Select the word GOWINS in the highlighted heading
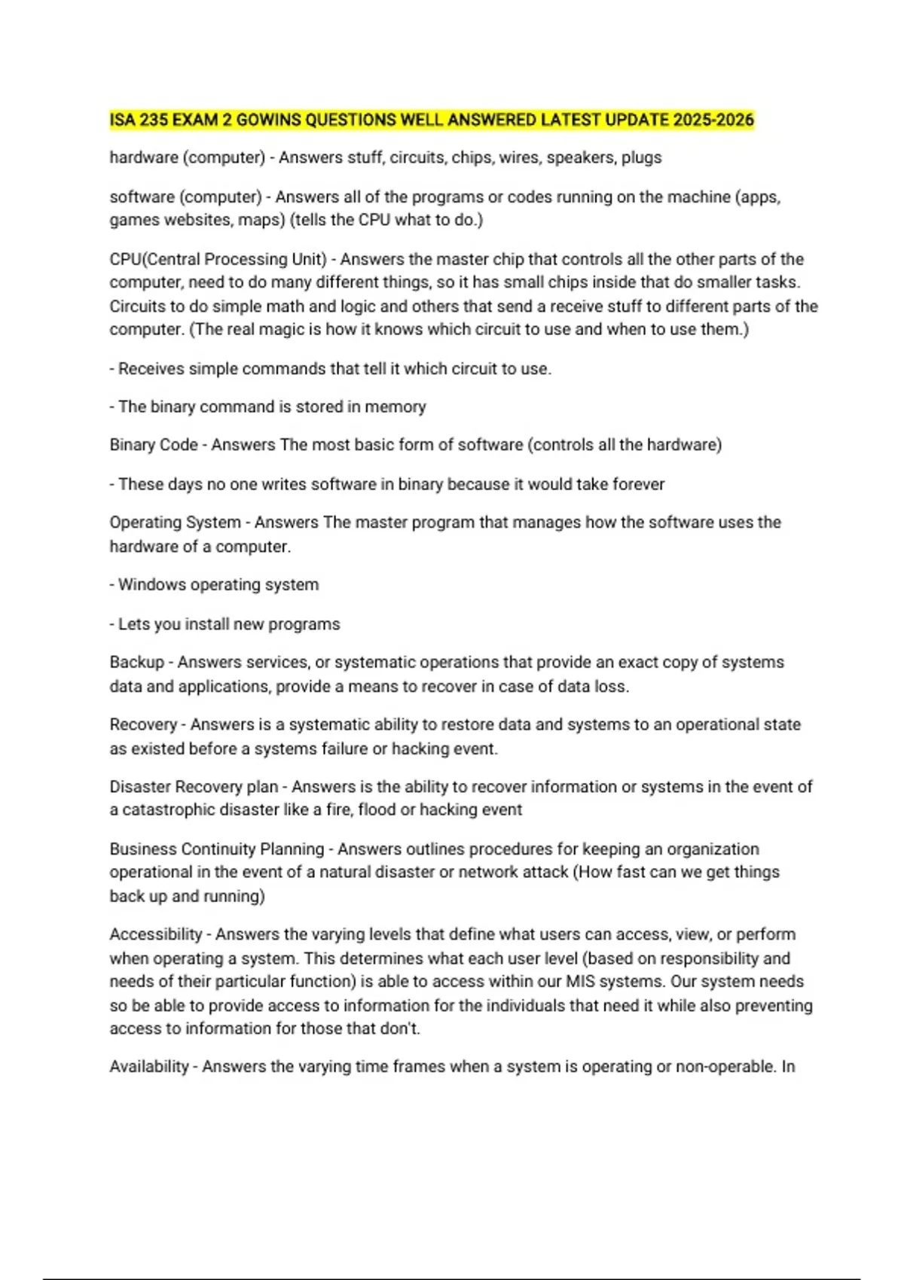pyautogui.click(x=269, y=120)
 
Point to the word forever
pyautogui.click(x=640, y=484)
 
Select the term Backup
pyautogui.click(x=136, y=663)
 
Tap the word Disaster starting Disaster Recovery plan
pyautogui.click(x=139, y=787)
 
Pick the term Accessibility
pyautogui.click(x=155, y=934)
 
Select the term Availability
pyautogui.click(x=149, y=1067)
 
